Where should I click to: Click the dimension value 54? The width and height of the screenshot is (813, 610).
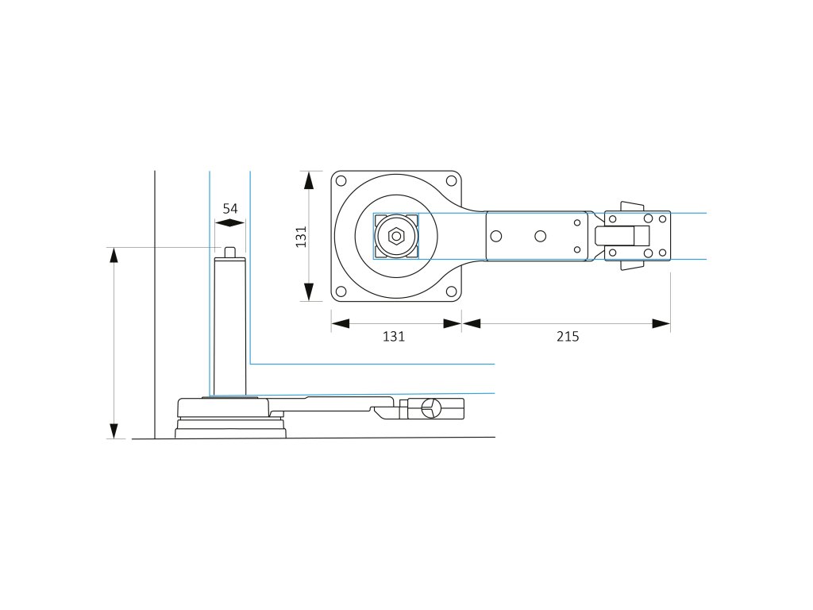[x=230, y=208]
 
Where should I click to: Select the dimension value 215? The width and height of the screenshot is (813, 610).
[x=567, y=337]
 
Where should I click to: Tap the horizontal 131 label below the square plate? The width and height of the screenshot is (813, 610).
[x=394, y=337]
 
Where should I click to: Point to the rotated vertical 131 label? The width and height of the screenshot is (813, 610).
[x=301, y=236]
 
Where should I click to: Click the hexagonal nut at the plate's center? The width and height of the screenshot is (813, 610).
[x=395, y=236]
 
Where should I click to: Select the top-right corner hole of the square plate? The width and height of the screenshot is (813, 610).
[x=451, y=180]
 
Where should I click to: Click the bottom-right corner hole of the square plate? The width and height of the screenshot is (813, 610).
[x=451, y=291]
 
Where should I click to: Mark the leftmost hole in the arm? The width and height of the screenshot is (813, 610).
[x=497, y=236]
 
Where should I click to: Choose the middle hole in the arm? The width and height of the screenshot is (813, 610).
[x=540, y=236]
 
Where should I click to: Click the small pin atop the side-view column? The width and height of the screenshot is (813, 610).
[x=230, y=252]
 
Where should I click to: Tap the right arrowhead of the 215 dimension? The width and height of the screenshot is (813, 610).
[x=661, y=323]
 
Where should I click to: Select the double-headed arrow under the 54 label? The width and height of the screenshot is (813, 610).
[x=230, y=224]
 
